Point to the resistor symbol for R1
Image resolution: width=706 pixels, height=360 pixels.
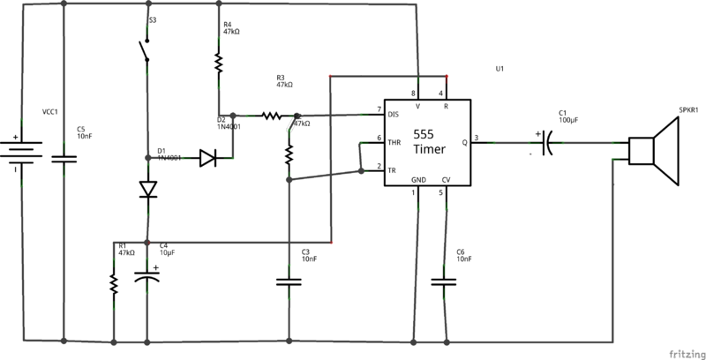(114, 283)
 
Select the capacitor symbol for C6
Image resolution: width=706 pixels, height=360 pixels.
(444, 283)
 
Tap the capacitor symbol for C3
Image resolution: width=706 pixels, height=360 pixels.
(289, 283)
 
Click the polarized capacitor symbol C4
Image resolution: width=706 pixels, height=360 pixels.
(148, 278)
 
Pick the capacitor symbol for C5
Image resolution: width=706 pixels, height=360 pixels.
(65, 159)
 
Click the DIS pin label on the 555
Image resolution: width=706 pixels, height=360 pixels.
(394, 112)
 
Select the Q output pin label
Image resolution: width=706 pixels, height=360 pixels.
(464, 139)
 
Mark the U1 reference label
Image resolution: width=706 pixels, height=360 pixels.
(500, 70)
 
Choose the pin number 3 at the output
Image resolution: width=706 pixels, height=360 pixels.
(477, 137)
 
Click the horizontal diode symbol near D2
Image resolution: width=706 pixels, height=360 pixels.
(207, 159)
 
